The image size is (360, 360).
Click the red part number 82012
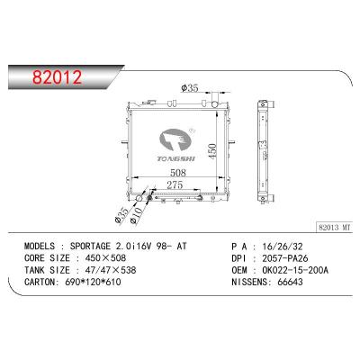tap(57, 77)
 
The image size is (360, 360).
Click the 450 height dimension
tap(212, 151)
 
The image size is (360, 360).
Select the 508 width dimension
tap(178, 173)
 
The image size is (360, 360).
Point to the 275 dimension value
tap(175, 185)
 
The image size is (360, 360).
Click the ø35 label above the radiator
tap(190, 88)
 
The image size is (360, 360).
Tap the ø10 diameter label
tap(137, 215)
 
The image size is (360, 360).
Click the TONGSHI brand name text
tap(175, 158)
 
